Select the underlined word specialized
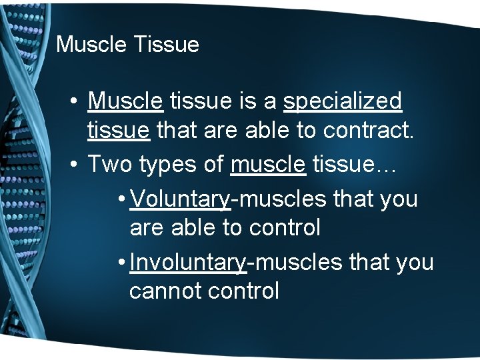[x=343, y=101]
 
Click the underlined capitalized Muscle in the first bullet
[x=125, y=101]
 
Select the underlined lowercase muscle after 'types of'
[x=267, y=164]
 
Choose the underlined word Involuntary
[x=188, y=262]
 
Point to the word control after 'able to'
[x=285, y=228]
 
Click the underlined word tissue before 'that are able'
[x=118, y=131]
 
